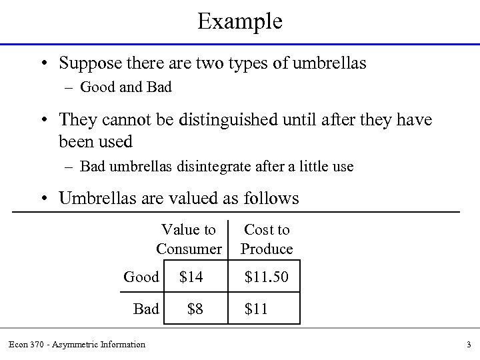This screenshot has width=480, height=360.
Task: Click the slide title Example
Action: [240, 21]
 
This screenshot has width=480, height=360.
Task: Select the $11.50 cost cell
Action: [267, 277]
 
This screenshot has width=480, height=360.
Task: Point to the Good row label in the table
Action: [141, 277]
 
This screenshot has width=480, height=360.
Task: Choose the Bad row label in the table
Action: [146, 309]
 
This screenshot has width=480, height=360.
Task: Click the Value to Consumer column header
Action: [189, 239]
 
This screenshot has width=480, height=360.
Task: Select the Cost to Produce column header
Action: [267, 239]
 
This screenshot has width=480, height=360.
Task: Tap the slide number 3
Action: [469, 345]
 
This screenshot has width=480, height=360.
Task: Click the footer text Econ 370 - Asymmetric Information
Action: [77, 345]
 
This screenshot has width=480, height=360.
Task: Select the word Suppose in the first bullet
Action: [89, 64]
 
